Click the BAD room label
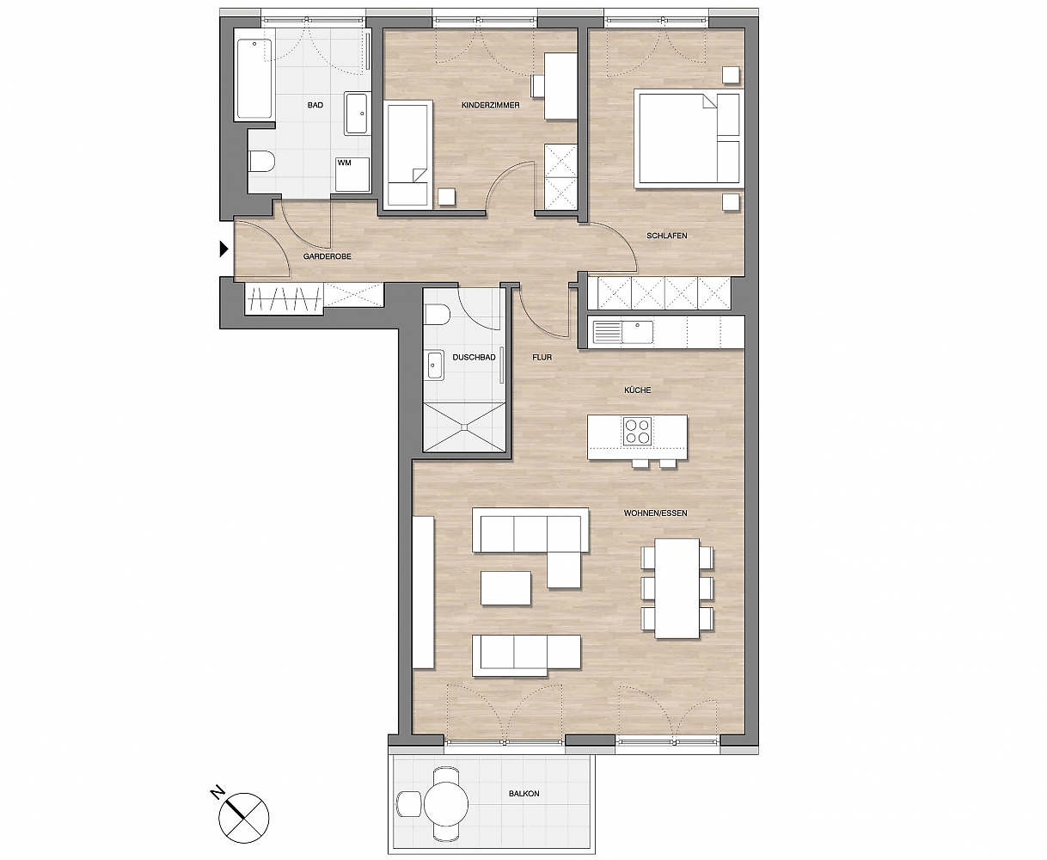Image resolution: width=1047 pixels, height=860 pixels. coord(315,105)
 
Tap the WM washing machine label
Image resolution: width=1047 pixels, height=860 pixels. coord(344,163)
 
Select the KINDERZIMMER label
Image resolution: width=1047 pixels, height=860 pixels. coord(491,105)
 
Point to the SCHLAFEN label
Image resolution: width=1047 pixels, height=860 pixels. coord(667,236)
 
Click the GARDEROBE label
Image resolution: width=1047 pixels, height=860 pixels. coord(328,256)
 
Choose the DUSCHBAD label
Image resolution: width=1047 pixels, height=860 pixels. coord(475,357)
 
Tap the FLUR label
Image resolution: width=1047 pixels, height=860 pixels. coord(542,357)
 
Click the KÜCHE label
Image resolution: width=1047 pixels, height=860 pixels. coord(638,390)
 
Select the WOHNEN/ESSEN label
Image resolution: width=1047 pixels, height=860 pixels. coord(655,513)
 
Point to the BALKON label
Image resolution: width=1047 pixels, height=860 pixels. coord(523,794)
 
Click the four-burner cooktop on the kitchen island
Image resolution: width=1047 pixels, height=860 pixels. coord(638,431)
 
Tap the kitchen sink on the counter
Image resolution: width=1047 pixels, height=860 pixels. coord(638,332)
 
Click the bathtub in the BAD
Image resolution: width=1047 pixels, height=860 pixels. coord(254,78)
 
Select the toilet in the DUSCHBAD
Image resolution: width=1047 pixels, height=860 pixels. coord(437,315)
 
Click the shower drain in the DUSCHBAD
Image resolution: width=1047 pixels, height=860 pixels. coord(464,427)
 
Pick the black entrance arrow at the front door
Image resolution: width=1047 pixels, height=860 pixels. coord(223,249)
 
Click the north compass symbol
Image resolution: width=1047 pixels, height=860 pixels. coord(244,818)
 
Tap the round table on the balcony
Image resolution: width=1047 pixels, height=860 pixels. coord(446,803)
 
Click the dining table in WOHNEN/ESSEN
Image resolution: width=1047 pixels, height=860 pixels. coord(677,588)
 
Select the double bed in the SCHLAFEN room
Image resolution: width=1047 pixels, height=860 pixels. coord(689,138)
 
